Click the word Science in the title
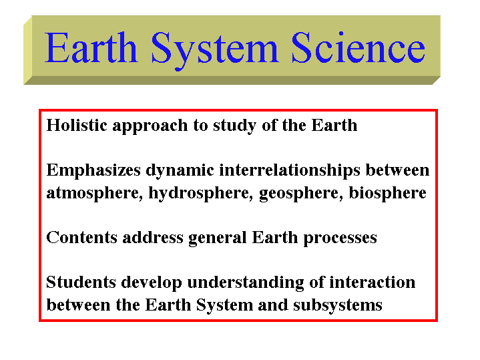point(358,48)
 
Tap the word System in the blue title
point(214,51)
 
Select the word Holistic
point(77,125)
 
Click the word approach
point(150,126)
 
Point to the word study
point(234,126)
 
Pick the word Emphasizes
point(93,171)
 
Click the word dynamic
point(180,171)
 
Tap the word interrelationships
point(290,171)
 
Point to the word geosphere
point(301,194)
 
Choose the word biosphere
point(388,194)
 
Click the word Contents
point(81,237)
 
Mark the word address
point(153,237)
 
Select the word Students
point(81,282)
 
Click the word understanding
point(246,283)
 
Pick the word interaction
point(373,282)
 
